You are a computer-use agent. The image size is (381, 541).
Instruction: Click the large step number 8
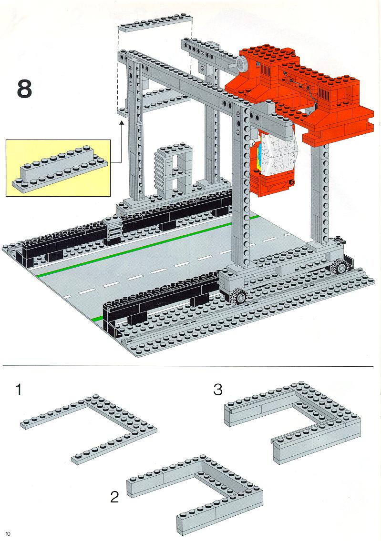pos(24,89)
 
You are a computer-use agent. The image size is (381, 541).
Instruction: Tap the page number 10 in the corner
pos(8,534)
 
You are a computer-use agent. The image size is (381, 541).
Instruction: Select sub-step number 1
pos(19,390)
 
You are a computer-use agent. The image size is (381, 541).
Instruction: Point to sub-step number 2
pos(114,497)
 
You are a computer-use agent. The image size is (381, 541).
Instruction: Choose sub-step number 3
pos(218,389)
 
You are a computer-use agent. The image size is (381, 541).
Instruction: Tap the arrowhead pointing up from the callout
pos(122,123)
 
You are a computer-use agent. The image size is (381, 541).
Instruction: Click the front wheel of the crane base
pos(240,297)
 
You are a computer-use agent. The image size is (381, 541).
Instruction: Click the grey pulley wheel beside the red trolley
pos(241,63)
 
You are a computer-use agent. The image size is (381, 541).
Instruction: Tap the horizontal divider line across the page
pos(188,365)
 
